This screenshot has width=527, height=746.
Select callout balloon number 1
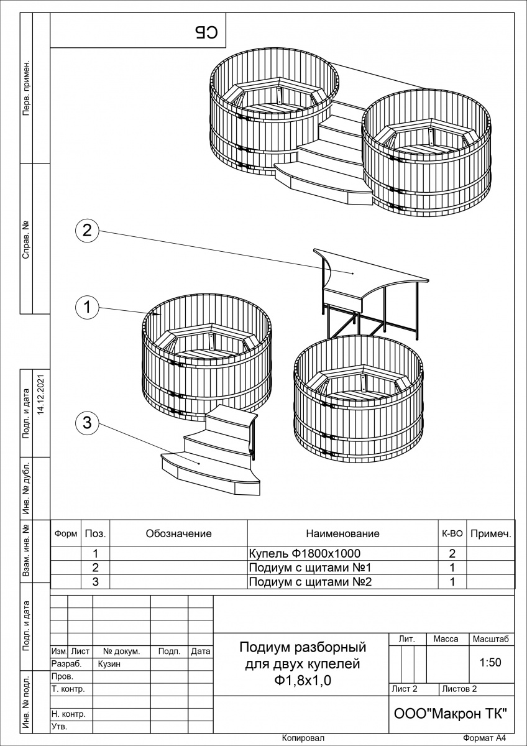[87, 306]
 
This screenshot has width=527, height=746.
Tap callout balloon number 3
[87, 423]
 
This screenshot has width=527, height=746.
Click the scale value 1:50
[490, 663]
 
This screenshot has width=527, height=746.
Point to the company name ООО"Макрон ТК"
[451, 714]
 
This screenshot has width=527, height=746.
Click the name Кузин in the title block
[109, 664]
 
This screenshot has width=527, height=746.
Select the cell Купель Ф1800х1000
[304, 553]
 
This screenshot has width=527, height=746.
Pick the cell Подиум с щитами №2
[309, 582]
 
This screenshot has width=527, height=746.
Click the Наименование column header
[342, 533]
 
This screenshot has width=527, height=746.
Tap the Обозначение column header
[178, 533]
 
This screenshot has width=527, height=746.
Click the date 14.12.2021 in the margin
[42, 394]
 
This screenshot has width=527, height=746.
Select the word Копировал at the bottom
[303, 738]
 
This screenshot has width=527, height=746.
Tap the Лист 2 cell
[405, 689]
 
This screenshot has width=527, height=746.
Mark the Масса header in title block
[446, 639]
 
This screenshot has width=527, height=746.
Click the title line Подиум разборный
[303, 648]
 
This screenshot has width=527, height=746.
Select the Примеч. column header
[490, 533]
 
